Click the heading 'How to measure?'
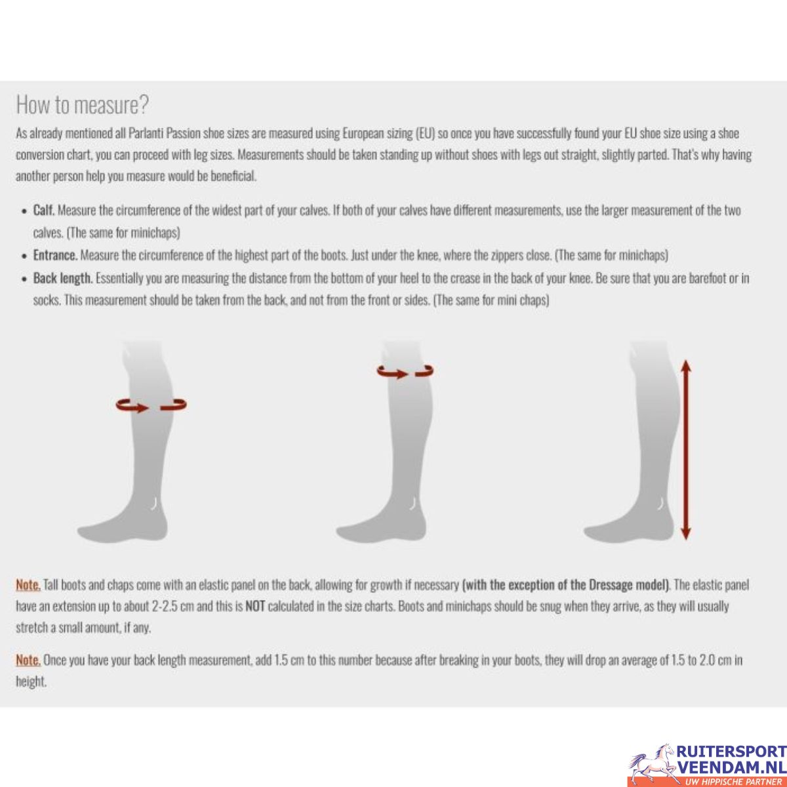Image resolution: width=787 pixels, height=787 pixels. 83,104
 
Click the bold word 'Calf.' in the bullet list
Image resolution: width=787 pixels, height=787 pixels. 44,211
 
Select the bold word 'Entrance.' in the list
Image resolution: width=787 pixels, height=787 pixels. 55,256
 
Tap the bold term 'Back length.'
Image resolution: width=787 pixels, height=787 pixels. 63,279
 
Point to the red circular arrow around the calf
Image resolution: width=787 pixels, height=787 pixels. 151,405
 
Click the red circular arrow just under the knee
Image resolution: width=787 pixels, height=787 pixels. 405,371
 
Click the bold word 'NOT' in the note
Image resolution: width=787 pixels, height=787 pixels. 255,607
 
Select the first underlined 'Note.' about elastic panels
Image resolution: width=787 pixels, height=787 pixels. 28,585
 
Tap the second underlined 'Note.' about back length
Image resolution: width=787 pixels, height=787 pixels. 28,660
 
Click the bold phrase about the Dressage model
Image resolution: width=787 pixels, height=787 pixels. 565,585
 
